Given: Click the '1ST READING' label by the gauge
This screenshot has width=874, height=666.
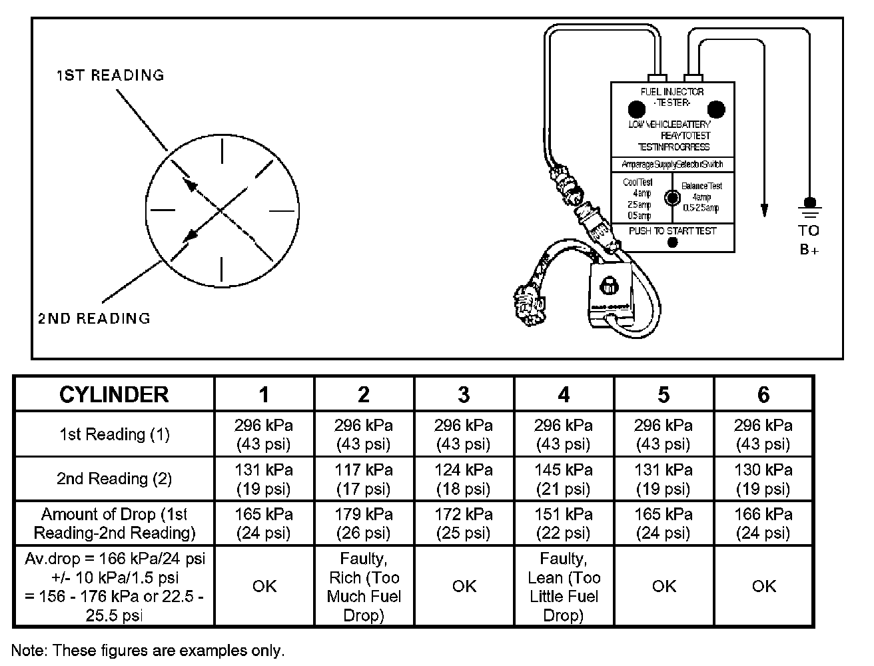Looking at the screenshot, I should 110,75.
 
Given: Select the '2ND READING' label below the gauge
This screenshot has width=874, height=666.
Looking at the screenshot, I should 94,318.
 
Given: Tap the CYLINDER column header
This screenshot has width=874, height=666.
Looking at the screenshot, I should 114,394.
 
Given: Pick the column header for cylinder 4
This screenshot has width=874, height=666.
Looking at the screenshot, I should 564,394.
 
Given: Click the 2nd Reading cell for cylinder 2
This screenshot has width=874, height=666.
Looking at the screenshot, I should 364,479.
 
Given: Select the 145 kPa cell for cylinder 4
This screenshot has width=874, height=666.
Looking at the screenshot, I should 564,479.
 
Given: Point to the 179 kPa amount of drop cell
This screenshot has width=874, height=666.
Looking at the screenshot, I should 364,523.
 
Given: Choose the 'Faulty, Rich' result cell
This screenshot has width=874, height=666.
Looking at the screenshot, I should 364,587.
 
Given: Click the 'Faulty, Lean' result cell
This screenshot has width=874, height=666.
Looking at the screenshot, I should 564,587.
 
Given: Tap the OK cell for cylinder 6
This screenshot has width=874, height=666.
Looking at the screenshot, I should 763,586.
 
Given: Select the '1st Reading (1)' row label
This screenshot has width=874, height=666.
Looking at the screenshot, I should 114,434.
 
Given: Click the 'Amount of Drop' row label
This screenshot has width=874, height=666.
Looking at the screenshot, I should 114,523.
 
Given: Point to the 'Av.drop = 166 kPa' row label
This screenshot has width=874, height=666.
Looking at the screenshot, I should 114,587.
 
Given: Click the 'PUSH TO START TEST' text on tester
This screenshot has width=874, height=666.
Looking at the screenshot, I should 672,231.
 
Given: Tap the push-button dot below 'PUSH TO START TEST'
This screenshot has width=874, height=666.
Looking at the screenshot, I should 672,243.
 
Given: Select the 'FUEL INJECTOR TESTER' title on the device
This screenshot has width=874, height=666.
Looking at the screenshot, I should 672,97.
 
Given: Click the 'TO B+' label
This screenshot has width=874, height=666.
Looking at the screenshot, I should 809,240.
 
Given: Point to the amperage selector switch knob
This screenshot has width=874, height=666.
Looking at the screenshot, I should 672,198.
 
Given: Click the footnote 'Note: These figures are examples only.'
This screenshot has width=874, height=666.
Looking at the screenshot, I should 148,650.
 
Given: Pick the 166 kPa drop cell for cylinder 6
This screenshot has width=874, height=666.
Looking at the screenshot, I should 763,523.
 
